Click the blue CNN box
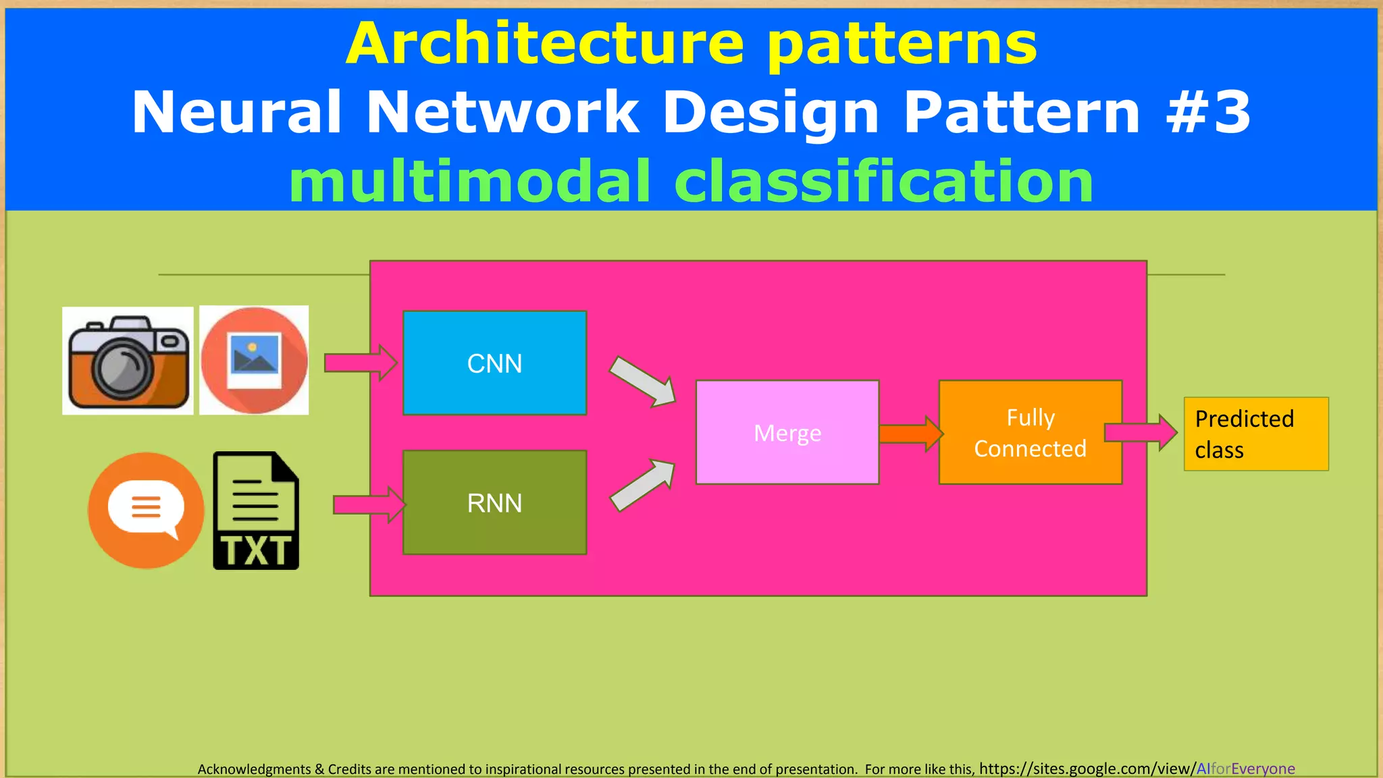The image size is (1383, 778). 494,363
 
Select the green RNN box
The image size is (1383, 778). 494,502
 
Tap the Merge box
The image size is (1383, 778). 787,432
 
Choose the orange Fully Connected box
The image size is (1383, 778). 1030,432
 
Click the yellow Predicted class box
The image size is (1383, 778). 1255,434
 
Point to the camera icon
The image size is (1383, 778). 128,361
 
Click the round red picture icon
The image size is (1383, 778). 254,360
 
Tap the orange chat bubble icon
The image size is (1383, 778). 146,510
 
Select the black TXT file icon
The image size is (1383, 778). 256,511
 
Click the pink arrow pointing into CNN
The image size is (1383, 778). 360,363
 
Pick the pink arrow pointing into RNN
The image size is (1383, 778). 369,504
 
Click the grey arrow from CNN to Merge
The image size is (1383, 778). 642,382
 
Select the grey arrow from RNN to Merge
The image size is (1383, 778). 642,485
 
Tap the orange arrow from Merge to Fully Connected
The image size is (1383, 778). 910,434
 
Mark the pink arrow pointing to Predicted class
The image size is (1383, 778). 1140,432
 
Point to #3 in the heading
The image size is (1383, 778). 1208,112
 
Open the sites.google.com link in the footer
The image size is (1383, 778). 1137,769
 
